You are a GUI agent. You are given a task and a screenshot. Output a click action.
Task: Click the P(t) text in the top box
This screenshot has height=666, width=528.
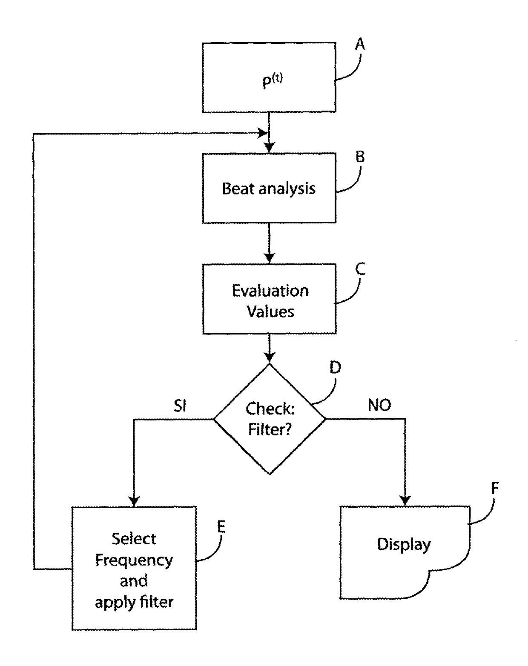(272, 81)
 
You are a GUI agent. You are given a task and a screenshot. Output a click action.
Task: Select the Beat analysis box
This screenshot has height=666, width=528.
(269, 188)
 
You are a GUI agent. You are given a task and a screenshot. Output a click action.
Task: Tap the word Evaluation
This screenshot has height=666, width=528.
(270, 291)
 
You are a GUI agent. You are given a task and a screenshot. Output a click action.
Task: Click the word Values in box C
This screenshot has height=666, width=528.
(270, 312)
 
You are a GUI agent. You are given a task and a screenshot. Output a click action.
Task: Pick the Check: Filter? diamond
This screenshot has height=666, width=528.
(270, 419)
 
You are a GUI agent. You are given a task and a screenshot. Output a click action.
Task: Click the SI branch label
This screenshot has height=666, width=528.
(180, 406)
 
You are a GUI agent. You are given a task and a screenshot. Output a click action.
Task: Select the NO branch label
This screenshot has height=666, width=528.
(379, 406)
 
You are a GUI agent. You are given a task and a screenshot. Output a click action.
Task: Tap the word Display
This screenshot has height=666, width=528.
(404, 544)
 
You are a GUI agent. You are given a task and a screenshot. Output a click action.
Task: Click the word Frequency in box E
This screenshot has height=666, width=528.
(134, 560)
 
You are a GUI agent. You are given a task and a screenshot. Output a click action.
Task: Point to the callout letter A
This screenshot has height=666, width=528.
(360, 44)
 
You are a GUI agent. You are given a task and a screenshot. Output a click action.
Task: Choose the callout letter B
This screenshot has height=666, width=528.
(360, 157)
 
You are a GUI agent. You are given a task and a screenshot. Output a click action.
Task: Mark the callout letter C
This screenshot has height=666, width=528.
(360, 269)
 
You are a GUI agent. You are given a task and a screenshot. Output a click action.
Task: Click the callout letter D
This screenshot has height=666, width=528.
(335, 367)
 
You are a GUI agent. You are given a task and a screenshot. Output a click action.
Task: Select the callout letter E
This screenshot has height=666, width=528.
(221, 527)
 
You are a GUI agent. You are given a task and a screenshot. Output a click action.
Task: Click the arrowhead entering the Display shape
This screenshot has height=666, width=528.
(405, 500)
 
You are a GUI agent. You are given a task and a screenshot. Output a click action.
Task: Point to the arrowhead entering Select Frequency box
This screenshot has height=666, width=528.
(134, 501)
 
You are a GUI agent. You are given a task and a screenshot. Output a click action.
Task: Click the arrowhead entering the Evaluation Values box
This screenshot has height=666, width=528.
(269, 258)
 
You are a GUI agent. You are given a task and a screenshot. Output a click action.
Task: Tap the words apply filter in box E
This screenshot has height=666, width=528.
(134, 602)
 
